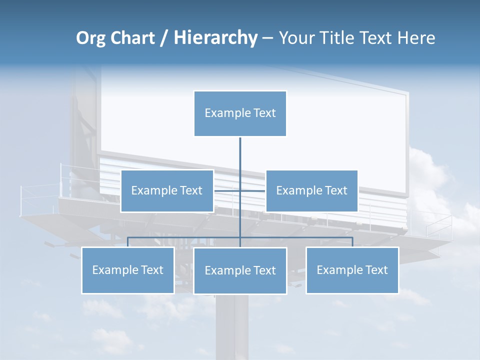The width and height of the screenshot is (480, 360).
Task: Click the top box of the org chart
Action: coord(240,113)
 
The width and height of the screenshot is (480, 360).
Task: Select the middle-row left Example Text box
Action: coord(167,191)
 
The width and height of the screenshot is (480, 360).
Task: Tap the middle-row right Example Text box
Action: coord(311,191)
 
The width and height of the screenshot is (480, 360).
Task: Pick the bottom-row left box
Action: coord(128,270)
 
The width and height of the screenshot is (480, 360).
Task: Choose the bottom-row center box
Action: coord(240,271)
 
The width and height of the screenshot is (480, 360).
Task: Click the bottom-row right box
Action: coord(352,270)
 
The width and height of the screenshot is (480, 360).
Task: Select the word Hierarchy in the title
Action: coord(215,38)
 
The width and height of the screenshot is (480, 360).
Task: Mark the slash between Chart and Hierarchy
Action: coord(164,38)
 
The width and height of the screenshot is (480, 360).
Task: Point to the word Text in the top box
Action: coord(264,113)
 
